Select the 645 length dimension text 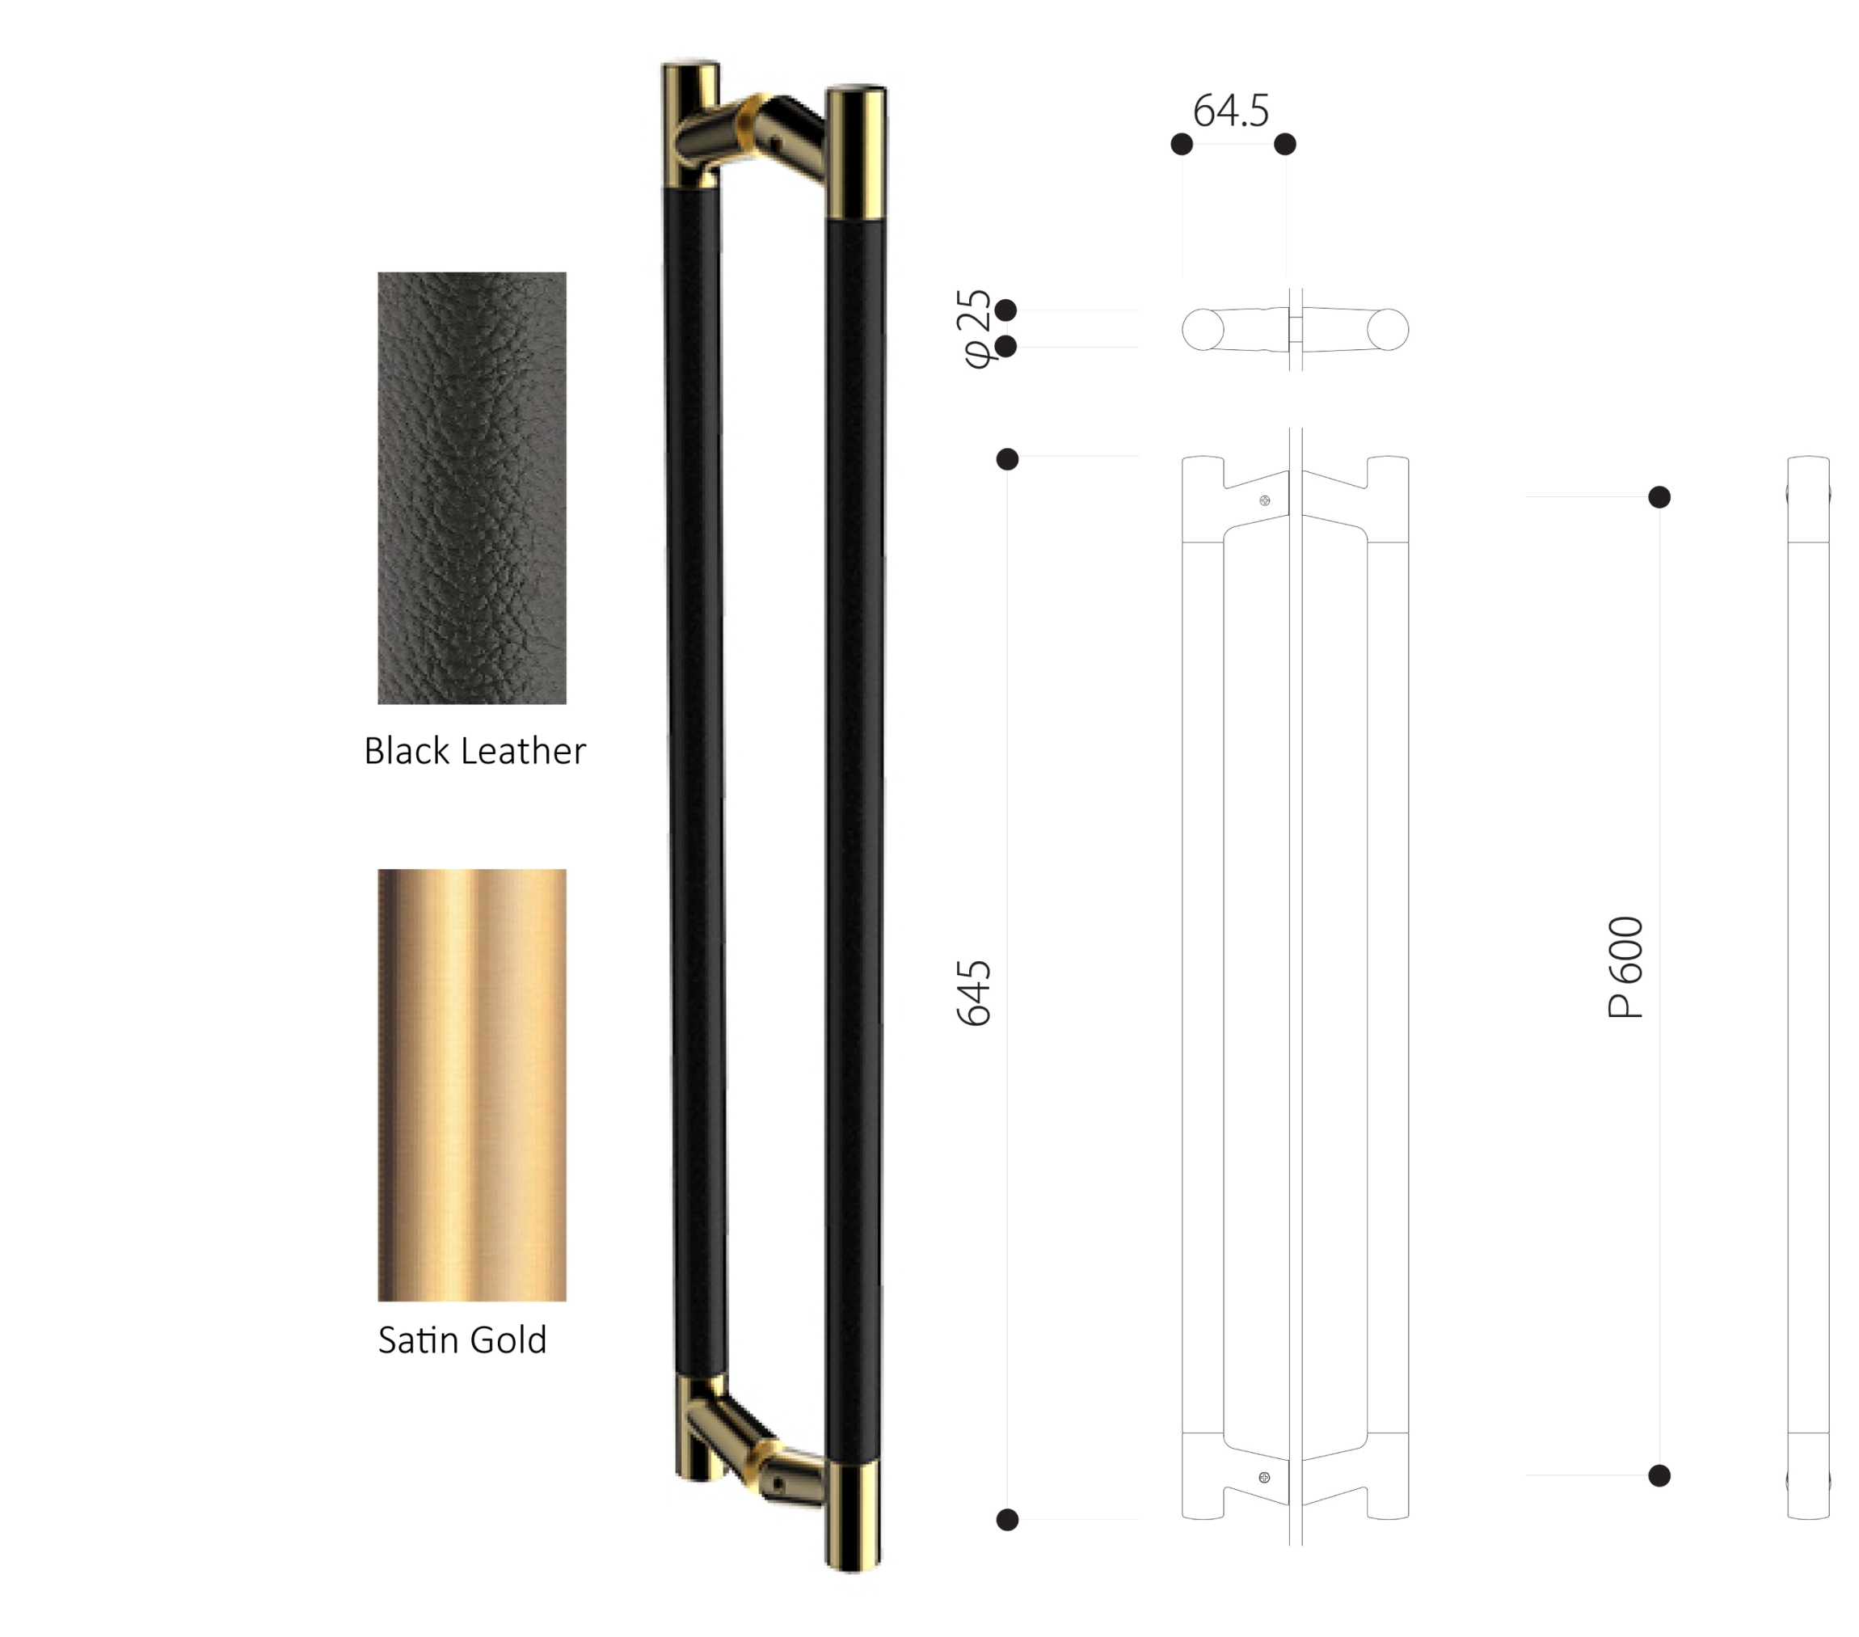pyautogui.click(x=974, y=993)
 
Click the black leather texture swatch pyautogui.click(x=472, y=487)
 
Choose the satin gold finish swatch pyautogui.click(x=472, y=1085)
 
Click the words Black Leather pyautogui.click(x=474, y=751)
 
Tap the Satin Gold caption pyautogui.click(x=462, y=1340)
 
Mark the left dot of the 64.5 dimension pyautogui.click(x=1182, y=144)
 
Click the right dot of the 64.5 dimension pyautogui.click(x=1285, y=144)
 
